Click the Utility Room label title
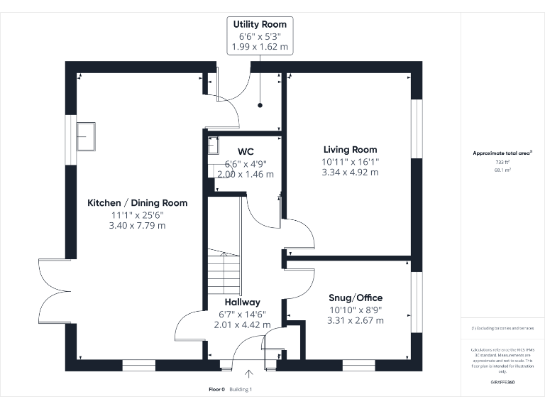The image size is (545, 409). tap(260, 24)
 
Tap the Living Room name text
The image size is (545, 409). tap(350, 150)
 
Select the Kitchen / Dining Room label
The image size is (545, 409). tap(137, 203)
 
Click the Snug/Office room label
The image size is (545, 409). tap(356, 298)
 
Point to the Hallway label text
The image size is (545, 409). tap(242, 302)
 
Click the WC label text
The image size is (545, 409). tap(246, 151)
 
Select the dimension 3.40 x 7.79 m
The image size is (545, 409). tap(137, 226)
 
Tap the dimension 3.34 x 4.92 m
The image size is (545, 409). tap(350, 173)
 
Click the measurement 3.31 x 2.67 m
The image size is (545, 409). tap(356, 320)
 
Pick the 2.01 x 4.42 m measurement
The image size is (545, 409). tap(242, 325)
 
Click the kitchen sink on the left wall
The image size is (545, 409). tap(87, 136)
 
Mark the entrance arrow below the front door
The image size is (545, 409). tap(249, 374)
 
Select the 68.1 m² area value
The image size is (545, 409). tap(502, 170)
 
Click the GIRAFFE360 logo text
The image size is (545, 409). tap(502, 383)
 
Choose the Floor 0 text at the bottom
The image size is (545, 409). tap(216, 389)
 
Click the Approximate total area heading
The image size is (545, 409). tap(502, 153)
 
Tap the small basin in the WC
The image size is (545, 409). tap(212, 146)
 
